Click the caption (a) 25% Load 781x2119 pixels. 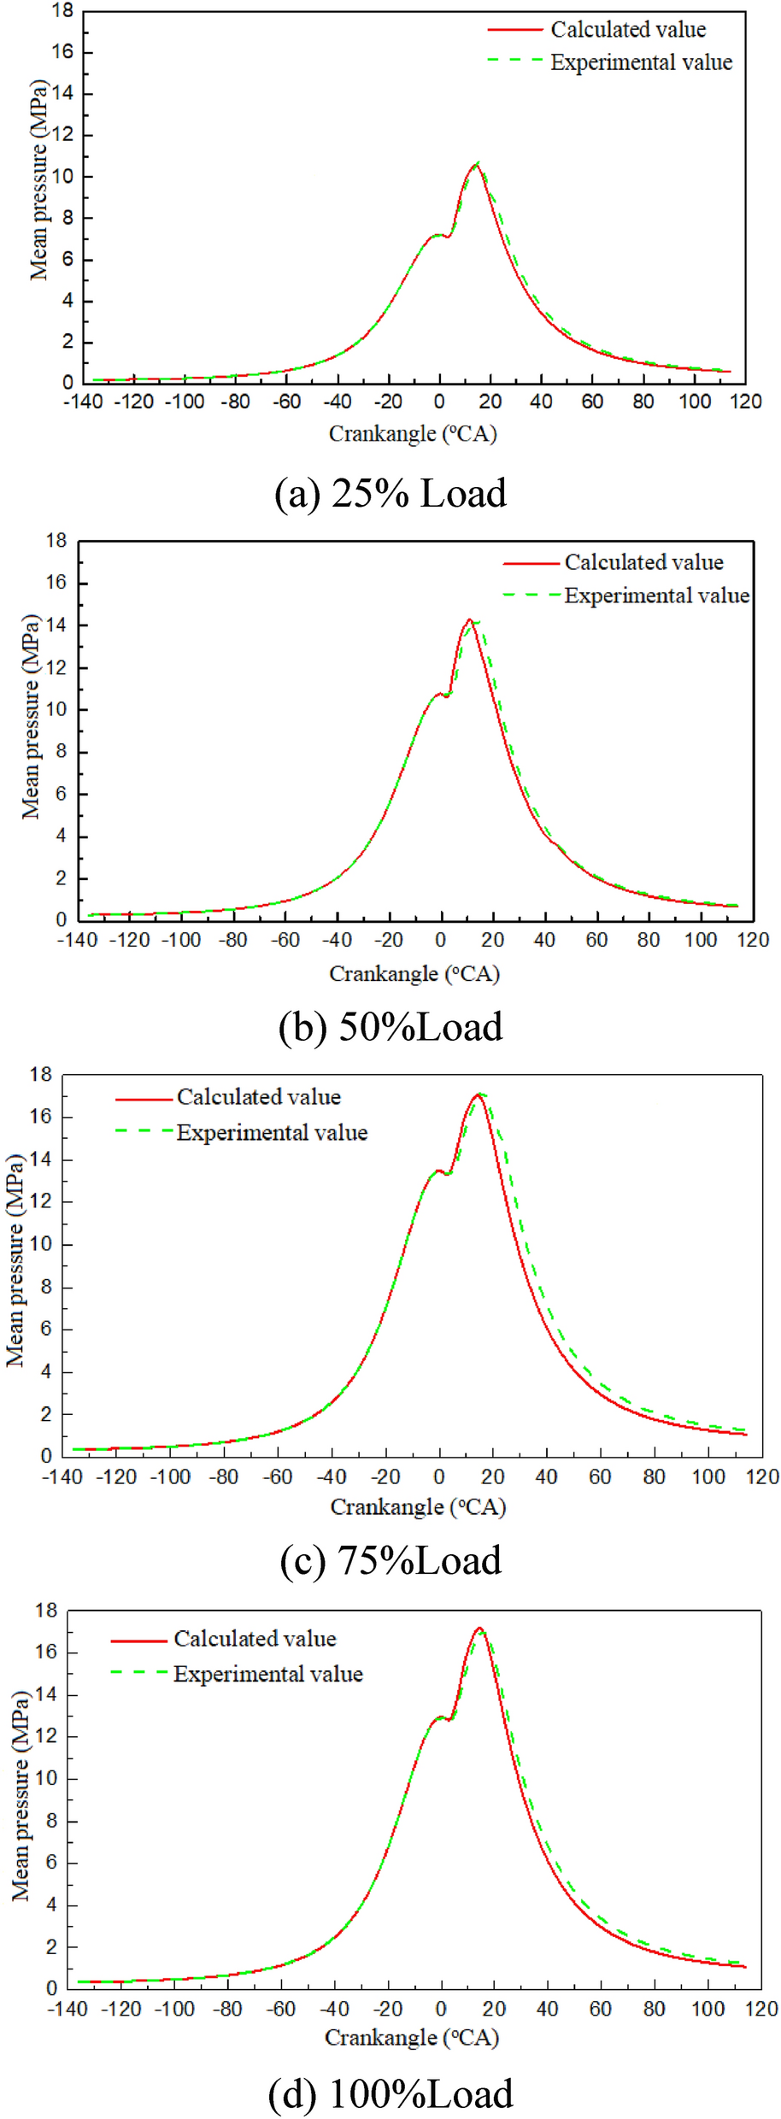click(390, 494)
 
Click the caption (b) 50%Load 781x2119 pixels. click(390, 1027)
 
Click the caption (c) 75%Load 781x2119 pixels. click(390, 1560)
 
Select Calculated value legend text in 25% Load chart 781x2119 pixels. click(628, 30)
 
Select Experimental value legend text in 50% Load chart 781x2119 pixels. click(656, 596)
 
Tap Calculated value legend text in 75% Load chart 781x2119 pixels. click(259, 1097)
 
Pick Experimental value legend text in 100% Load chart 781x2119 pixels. click(268, 1674)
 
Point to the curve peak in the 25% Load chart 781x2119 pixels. click(475, 164)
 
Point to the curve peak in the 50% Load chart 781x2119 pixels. click(469, 620)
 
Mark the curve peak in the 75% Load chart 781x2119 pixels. click(479, 1095)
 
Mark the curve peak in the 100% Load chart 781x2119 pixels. click(479, 1629)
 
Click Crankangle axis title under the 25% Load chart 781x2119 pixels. click(413, 434)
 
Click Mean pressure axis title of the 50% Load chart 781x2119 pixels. click(31, 716)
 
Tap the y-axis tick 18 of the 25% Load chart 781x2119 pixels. click(62, 11)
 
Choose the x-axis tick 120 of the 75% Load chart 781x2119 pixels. click(762, 1476)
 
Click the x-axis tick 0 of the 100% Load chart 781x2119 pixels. click(441, 2010)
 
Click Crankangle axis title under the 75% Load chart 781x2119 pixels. click(418, 1506)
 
